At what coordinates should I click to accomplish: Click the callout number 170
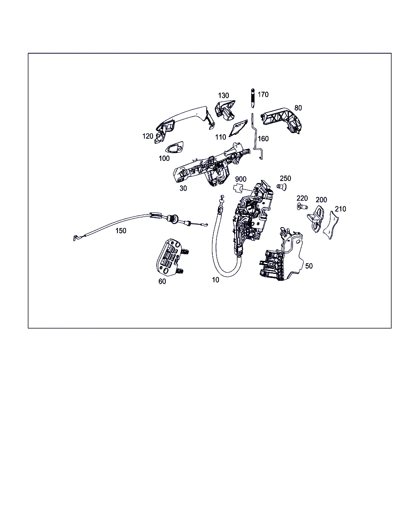pos(263,95)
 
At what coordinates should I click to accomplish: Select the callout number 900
pos(241,179)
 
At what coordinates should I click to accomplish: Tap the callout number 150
pos(121,230)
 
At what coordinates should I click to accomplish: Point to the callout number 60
pos(162,281)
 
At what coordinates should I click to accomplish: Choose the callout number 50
pos(309,266)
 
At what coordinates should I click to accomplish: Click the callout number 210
pos(340,209)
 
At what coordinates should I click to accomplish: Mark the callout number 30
pos(183,188)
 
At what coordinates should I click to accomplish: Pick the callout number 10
pos(216,280)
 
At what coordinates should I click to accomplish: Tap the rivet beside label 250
pos(282,187)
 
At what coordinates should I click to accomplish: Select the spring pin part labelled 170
pos(253,98)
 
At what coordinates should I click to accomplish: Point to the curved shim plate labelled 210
pos(331,225)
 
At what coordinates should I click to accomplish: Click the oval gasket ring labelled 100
pos(174,147)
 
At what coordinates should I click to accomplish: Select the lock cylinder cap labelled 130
pos(225,110)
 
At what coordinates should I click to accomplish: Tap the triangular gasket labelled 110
pos(238,128)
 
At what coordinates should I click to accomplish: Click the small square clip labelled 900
pos(239,188)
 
